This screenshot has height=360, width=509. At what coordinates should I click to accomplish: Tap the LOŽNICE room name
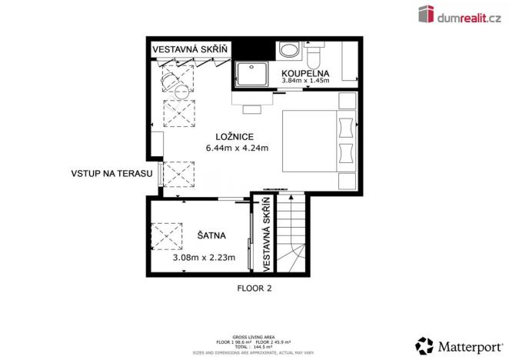(x=236, y=137)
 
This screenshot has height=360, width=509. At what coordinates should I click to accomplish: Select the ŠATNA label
(x=211, y=235)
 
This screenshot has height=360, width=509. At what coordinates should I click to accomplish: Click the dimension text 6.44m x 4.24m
(x=236, y=148)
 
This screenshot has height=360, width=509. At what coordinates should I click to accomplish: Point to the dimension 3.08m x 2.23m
(x=204, y=258)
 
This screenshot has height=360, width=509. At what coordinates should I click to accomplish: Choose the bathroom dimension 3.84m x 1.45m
(x=305, y=80)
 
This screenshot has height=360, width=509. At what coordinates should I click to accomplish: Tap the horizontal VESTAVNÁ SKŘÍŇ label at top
(x=190, y=50)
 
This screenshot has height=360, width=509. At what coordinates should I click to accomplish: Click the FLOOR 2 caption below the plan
(x=254, y=289)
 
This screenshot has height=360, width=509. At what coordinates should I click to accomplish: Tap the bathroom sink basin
(x=290, y=52)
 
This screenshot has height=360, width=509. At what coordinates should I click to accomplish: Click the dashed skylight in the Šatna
(x=166, y=235)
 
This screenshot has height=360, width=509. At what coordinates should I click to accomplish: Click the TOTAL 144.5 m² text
(x=254, y=346)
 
